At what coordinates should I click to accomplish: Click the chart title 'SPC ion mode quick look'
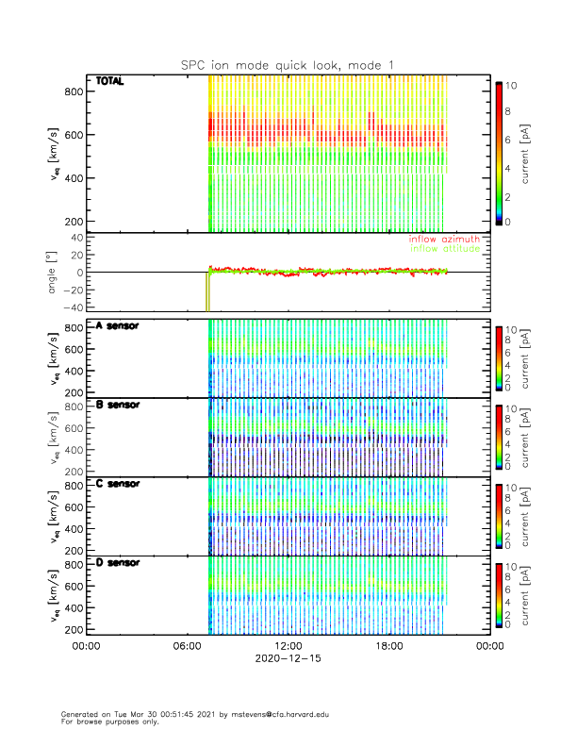pyautogui.click(x=288, y=64)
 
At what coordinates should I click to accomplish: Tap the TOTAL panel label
pyautogui.click(x=110, y=82)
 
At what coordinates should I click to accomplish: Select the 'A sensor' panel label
pyautogui.click(x=118, y=326)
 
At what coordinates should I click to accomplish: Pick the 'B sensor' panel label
pyautogui.click(x=118, y=405)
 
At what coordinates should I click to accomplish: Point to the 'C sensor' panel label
pyautogui.click(x=118, y=484)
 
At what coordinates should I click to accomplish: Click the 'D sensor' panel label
pyautogui.click(x=118, y=562)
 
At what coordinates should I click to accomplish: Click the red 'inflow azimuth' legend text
pyautogui.click(x=443, y=240)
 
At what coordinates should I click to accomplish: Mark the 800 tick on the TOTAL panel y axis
pyautogui.click(x=72, y=91)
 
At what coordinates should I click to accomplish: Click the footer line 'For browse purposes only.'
pyautogui.click(x=105, y=722)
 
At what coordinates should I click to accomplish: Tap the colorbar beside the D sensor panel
pyautogui.click(x=499, y=593)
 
